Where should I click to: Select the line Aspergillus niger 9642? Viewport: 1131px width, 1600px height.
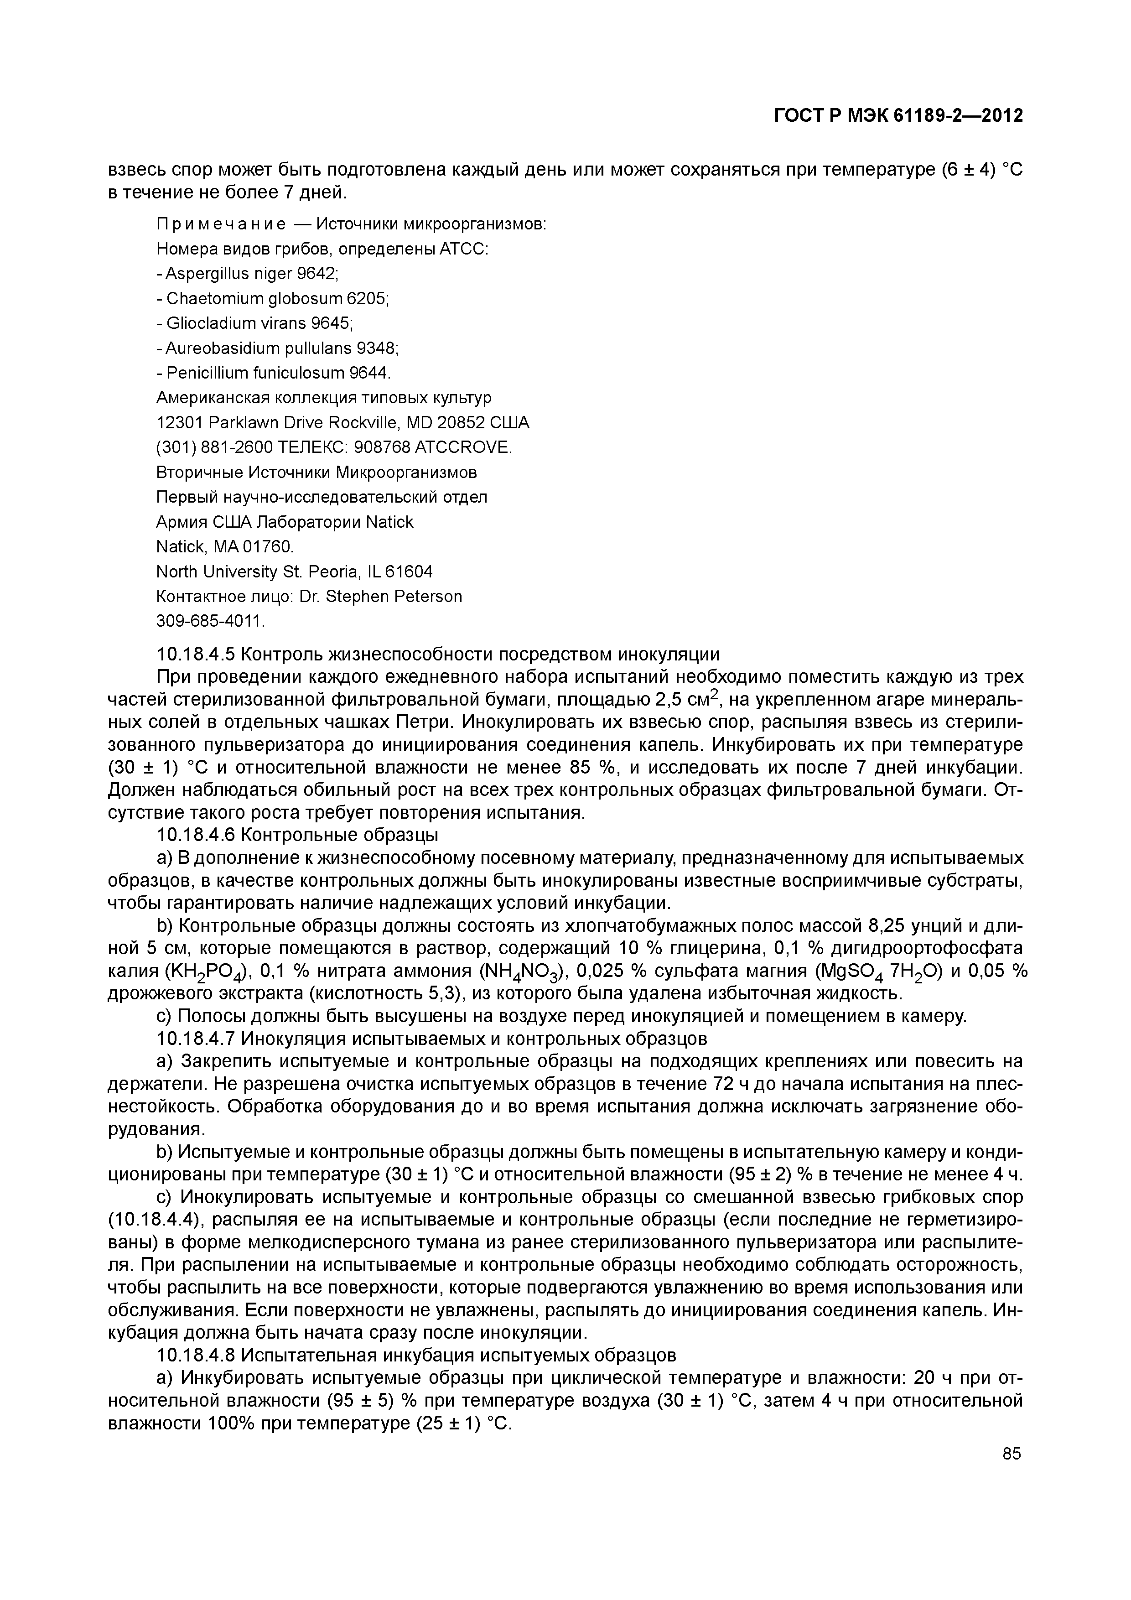click(x=247, y=273)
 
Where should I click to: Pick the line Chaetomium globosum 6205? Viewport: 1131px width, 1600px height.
click(x=272, y=298)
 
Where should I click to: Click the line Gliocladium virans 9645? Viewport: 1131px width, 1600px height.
click(x=254, y=322)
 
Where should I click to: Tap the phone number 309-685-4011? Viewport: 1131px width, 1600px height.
click(x=210, y=620)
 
